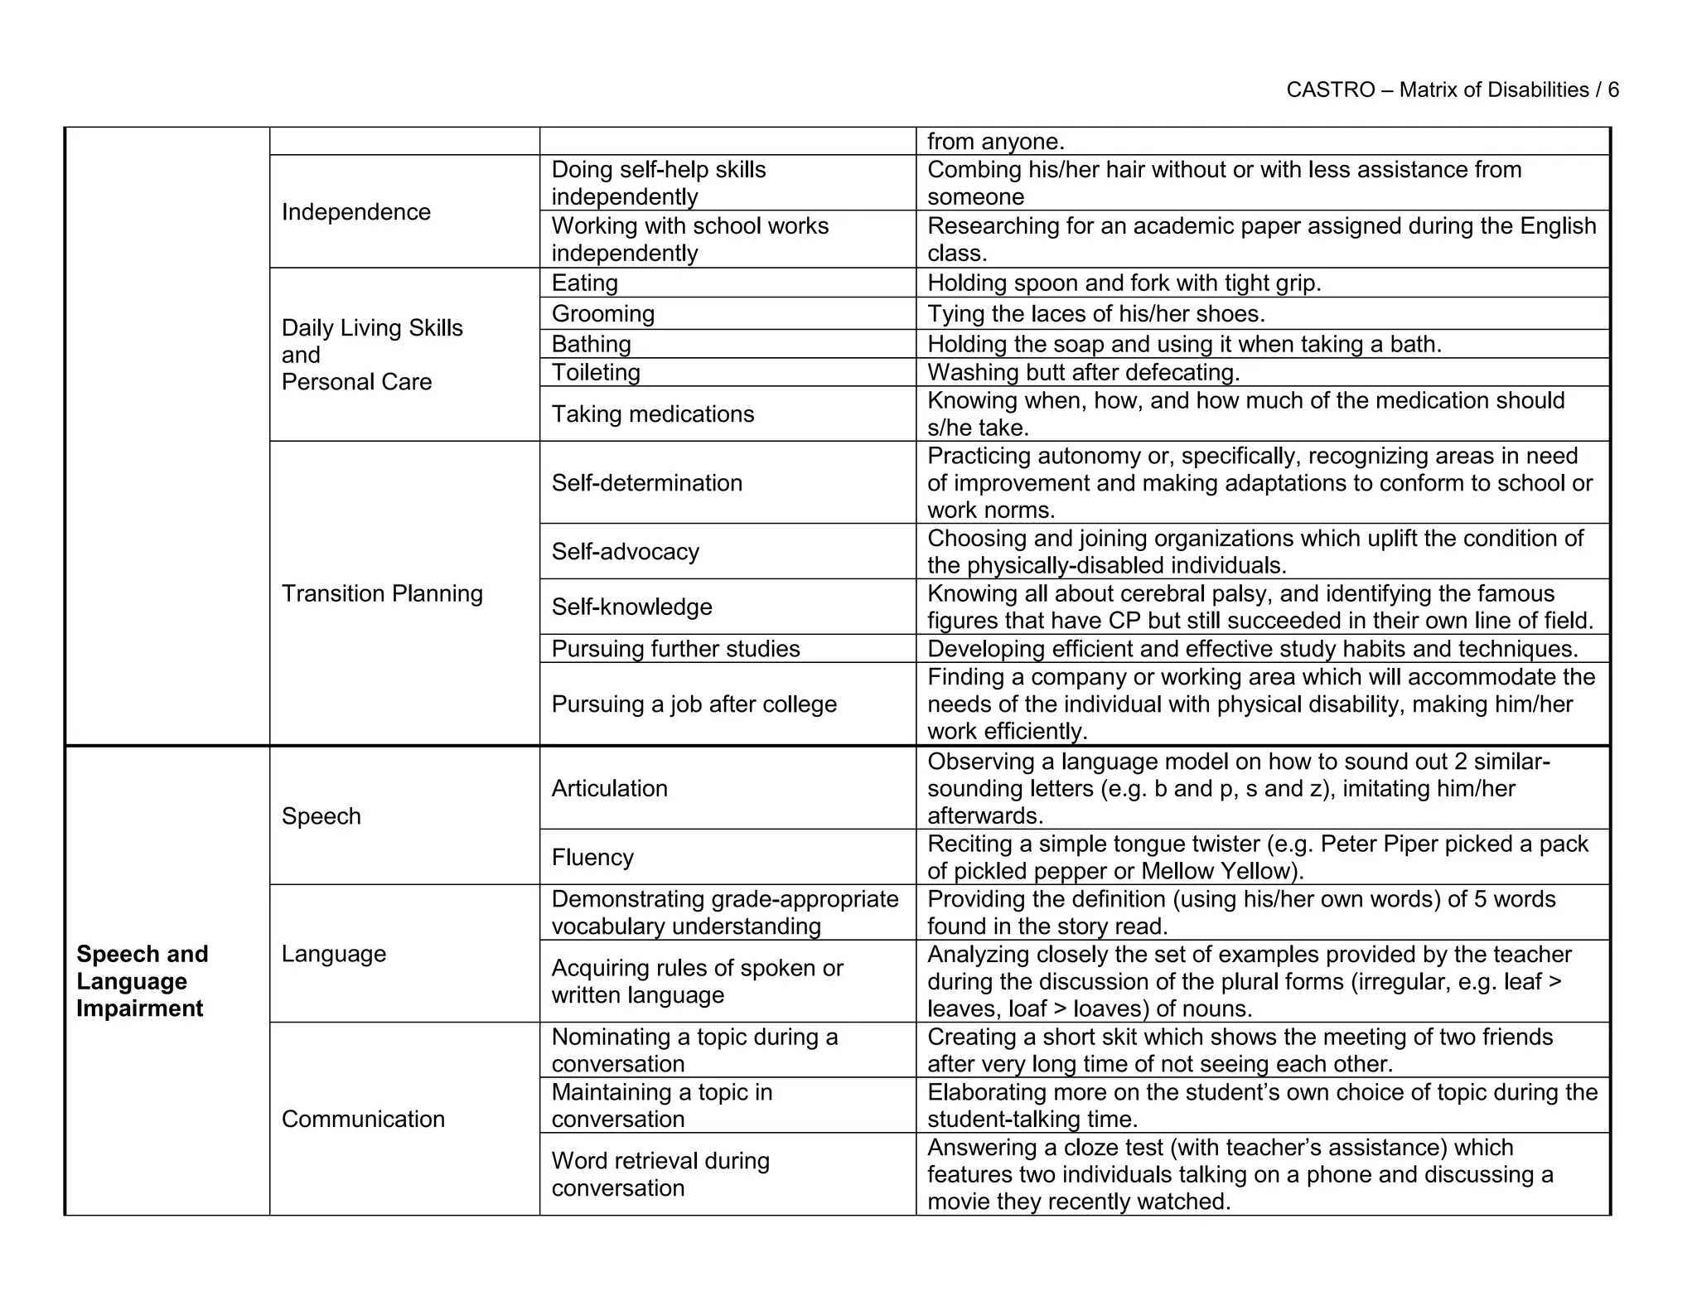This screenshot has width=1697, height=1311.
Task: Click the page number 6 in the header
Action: click(1612, 90)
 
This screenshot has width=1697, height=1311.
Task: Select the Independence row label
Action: click(355, 212)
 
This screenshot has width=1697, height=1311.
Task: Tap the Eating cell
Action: click(584, 283)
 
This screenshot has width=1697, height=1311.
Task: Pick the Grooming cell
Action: click(602, 314)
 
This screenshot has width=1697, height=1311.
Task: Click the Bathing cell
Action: click(591, 344)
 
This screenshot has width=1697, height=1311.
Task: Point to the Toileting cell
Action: click(596, 373)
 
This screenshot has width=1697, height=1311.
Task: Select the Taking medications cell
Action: click(652, 414)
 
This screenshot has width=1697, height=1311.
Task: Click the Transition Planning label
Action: click(381, 593)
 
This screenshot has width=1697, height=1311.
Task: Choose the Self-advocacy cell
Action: click(625, 552)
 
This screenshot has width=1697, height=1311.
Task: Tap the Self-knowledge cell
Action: click(631, 607)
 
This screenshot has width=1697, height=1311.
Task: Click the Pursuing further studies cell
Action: click(675, 649)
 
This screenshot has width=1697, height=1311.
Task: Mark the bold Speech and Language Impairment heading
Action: click(142, 981)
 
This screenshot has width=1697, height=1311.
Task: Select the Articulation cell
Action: click(609, 788)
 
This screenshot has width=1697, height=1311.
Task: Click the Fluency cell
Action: click(592, 857)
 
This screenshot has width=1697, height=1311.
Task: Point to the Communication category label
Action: click(363, 1119)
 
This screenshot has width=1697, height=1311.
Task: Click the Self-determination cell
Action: click(646, 483)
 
